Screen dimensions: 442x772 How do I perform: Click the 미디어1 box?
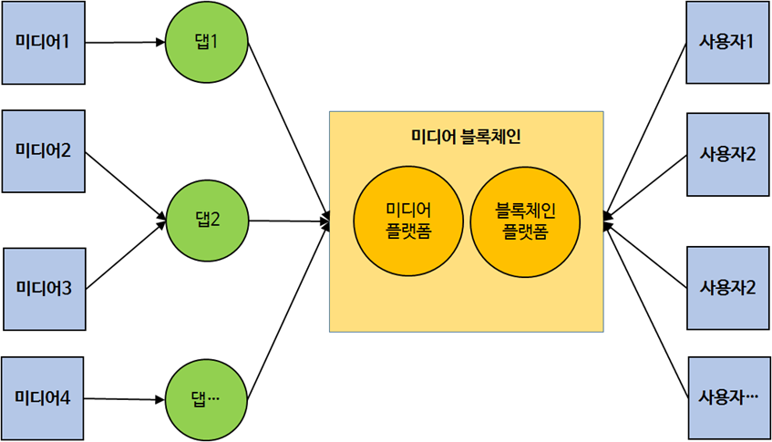pos(43,42)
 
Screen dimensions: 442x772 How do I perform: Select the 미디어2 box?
pos(43,151)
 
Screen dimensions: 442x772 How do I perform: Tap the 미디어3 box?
pos(44,288)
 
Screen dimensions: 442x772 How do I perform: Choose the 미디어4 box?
pos(43,397)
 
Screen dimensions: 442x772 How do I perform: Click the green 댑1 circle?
pos(207,42)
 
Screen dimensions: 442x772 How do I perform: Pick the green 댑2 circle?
pos(207,220)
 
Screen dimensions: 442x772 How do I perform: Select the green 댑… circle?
pos(207,399)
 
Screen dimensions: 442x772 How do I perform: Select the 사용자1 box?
pos(726,42)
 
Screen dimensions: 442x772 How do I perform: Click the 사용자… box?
pos(727,397)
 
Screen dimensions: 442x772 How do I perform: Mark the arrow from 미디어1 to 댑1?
pos(125,42)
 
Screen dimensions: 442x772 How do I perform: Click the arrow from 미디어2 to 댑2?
pos(126,186)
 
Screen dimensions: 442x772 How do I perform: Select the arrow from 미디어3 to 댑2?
pos(126,254)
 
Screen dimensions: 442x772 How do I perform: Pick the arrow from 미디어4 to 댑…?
pos(125,398)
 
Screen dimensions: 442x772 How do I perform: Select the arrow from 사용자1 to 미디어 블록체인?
pos(644,128)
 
